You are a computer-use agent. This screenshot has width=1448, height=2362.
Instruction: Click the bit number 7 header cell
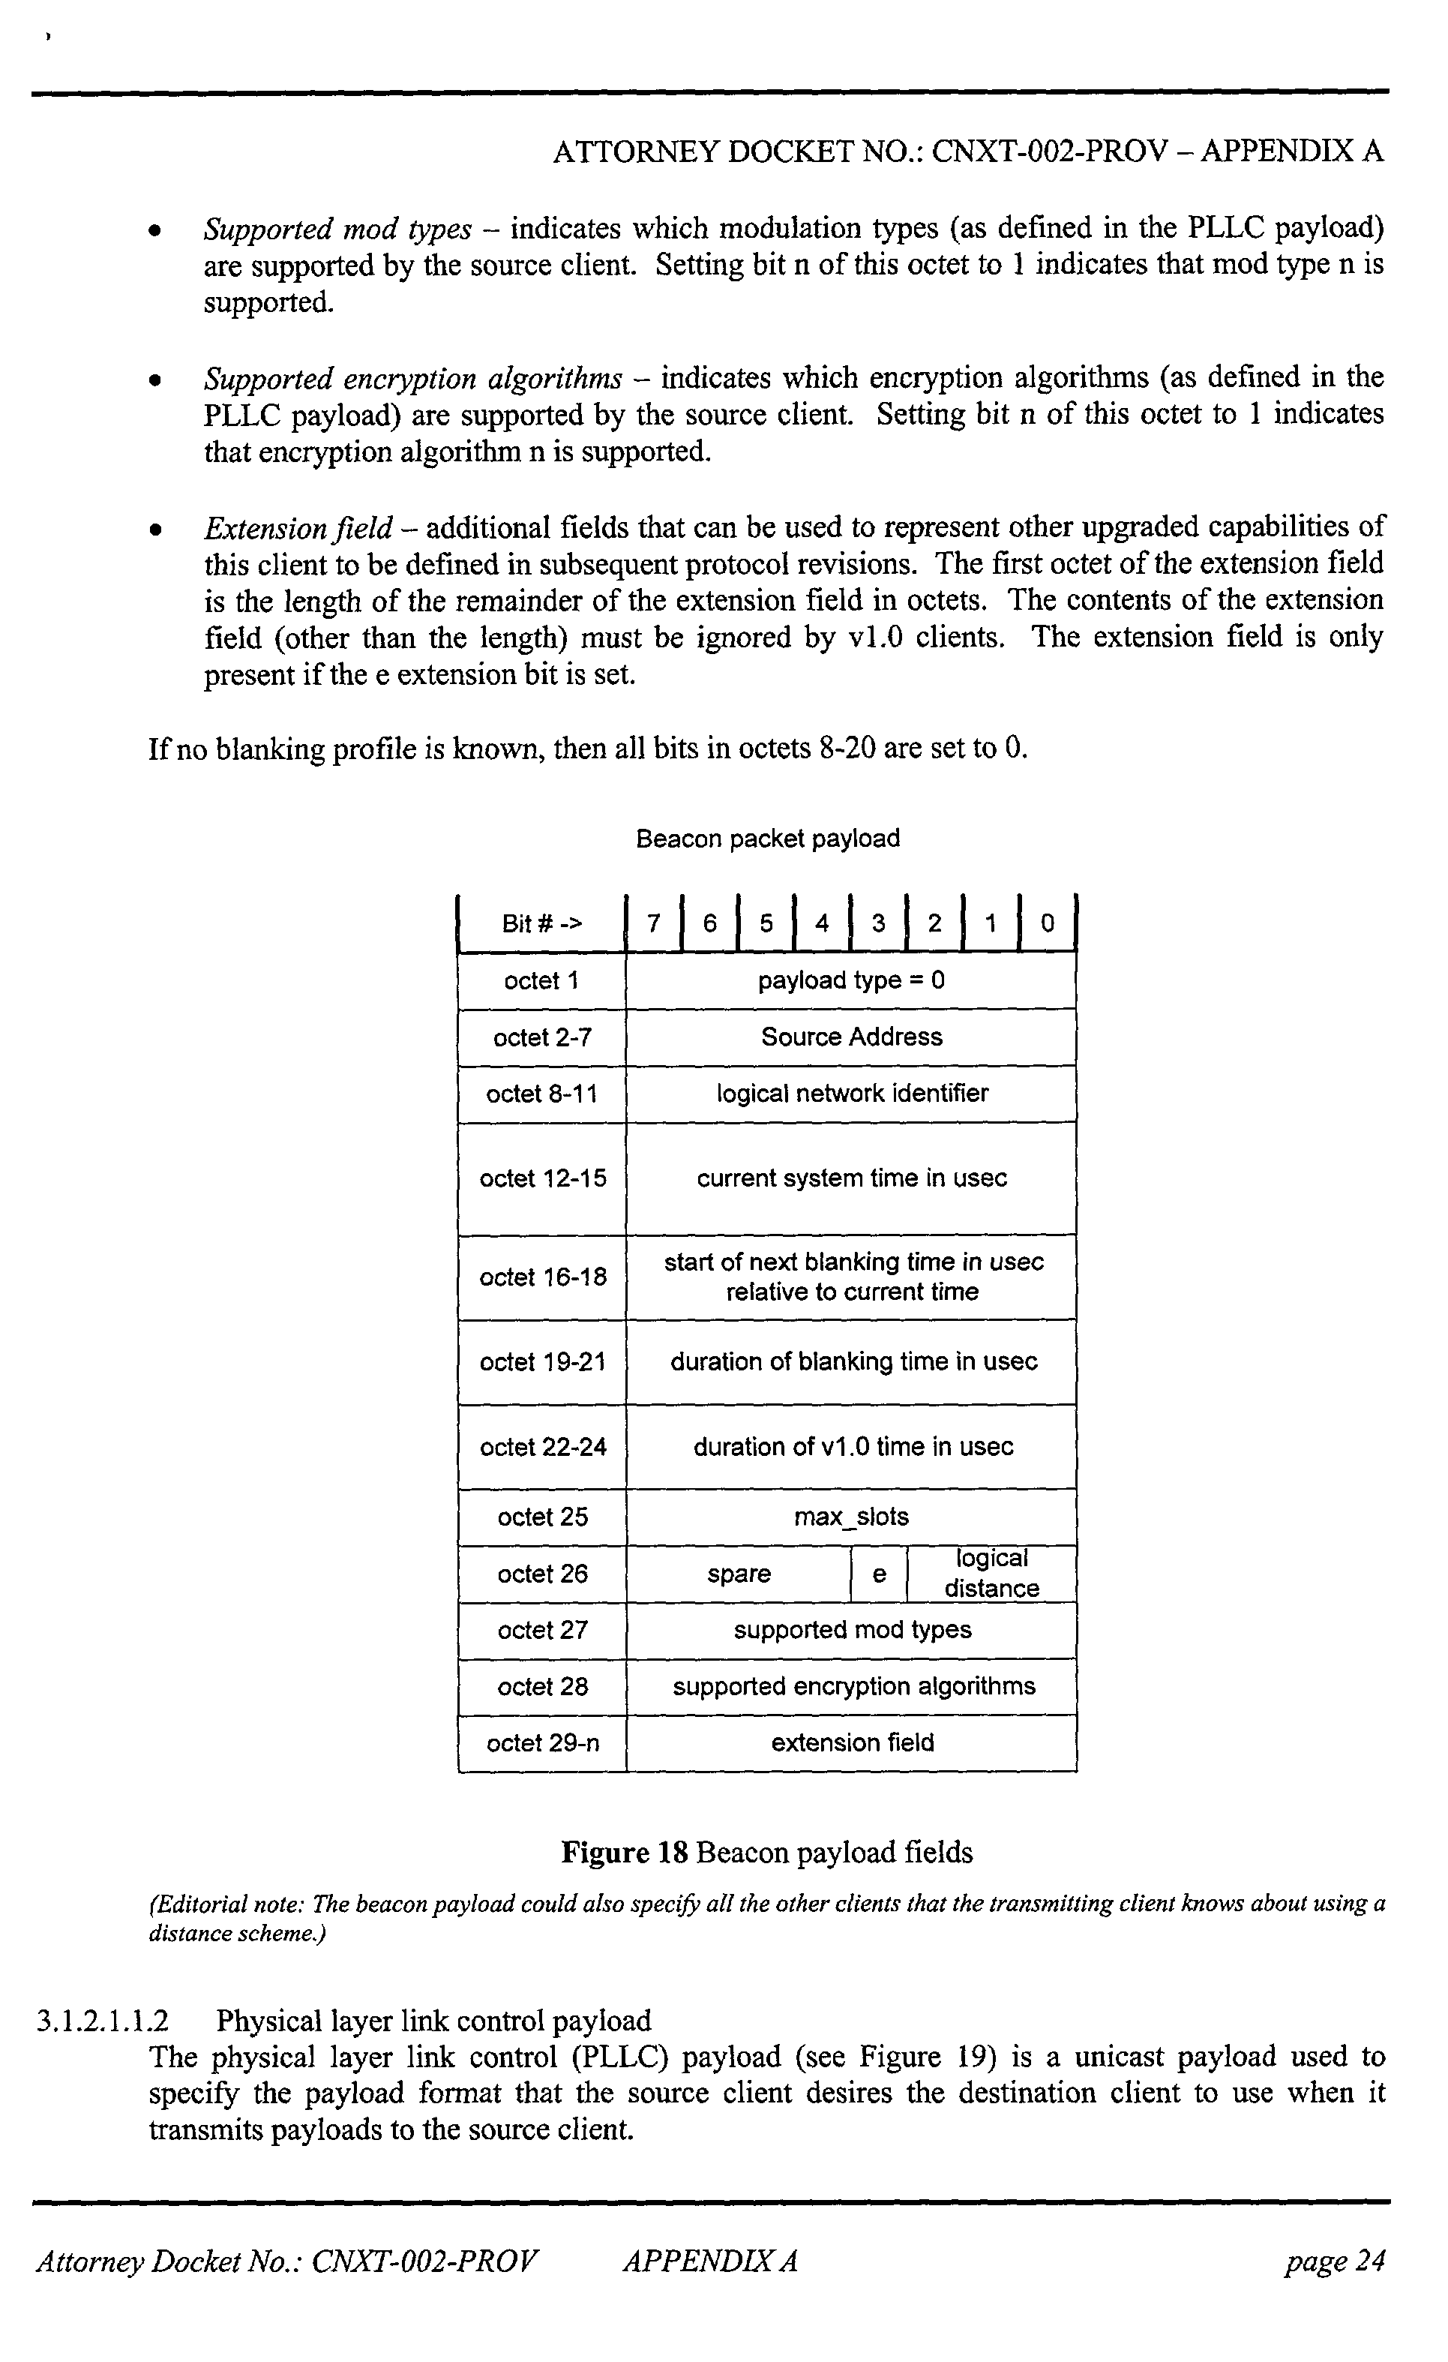(654, 923)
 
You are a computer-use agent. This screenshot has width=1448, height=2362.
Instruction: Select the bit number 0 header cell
(1048, 923)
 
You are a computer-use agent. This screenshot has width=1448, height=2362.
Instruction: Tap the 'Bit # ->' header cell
(541, 923)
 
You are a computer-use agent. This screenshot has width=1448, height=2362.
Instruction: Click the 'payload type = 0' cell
(851, 980)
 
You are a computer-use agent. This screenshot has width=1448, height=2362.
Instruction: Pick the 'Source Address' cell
(851, 1037)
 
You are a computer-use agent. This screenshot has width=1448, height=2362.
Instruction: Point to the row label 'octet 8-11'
(541, 1094)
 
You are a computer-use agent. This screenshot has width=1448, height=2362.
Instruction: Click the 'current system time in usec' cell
(851, 1178)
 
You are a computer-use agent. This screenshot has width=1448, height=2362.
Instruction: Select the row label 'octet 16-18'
(542, 1277)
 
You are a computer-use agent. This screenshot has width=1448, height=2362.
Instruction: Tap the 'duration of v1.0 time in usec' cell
(851, 1447)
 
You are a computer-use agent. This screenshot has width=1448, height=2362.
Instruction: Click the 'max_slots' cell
(851, 1517)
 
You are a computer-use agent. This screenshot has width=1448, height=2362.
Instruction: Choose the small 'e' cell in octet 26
(879, 1573)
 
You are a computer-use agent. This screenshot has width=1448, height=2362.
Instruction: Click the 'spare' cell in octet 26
(739, 1573)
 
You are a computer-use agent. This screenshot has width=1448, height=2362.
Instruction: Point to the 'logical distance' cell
(991, 1573)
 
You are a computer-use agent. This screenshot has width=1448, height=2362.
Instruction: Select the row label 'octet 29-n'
(542, 1742)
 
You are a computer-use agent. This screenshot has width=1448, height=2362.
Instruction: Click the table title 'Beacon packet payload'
(768, 839)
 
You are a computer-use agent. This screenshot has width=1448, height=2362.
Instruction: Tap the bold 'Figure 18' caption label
(624, 1852)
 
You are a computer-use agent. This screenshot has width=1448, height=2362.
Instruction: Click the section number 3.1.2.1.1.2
(103, 2021)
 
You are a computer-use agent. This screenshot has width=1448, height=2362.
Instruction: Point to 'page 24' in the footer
(1335, 2261)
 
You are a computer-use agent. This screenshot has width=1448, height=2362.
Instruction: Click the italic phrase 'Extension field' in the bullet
(298, 528)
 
